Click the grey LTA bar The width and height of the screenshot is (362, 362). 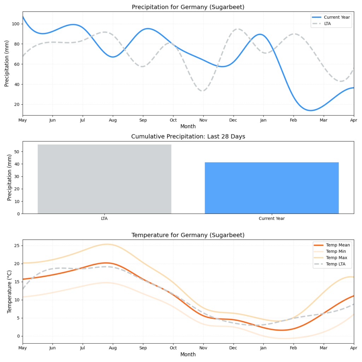coord(104,179)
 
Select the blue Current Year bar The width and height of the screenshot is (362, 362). coord(271,188)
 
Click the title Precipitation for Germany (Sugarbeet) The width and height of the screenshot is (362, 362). coord(188,7)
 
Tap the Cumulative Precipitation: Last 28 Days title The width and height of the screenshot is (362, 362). coord(188,136)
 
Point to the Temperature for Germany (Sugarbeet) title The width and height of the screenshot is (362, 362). coord(188,235)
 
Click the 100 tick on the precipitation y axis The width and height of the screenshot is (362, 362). coord(16,24)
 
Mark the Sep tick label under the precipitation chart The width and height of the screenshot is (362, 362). coord(143,121)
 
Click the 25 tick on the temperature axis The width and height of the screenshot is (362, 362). coord(16,246)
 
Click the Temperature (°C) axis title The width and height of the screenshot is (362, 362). coord(10,292)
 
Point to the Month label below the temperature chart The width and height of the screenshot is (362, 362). coord(188,354)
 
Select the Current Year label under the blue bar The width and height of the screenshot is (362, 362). coord(271,218)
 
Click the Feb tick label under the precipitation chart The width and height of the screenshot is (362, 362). coord(293,121)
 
